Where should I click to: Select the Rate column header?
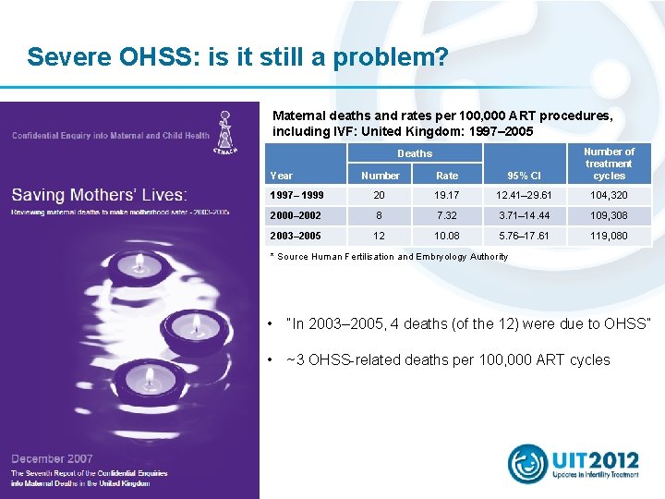coord(447,176)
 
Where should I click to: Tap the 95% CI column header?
coord(524,176)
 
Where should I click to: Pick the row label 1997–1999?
coord(296,196)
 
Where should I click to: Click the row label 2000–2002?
coord(296,215)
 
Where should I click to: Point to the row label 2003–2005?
coord(296,236)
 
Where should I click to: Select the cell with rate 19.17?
coord(447,196)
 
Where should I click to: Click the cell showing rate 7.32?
coord(447,215)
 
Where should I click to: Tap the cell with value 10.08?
coord(447,236)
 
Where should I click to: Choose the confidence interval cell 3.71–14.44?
coord(524,215)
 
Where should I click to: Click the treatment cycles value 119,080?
coord(609,236)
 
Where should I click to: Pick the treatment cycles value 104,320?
coord(609,196)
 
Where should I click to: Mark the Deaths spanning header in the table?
coord(414,153)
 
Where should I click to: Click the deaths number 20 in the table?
coord(379,196)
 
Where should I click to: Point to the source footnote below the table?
coord(388,256)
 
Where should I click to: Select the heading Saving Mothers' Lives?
coord(100,195)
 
